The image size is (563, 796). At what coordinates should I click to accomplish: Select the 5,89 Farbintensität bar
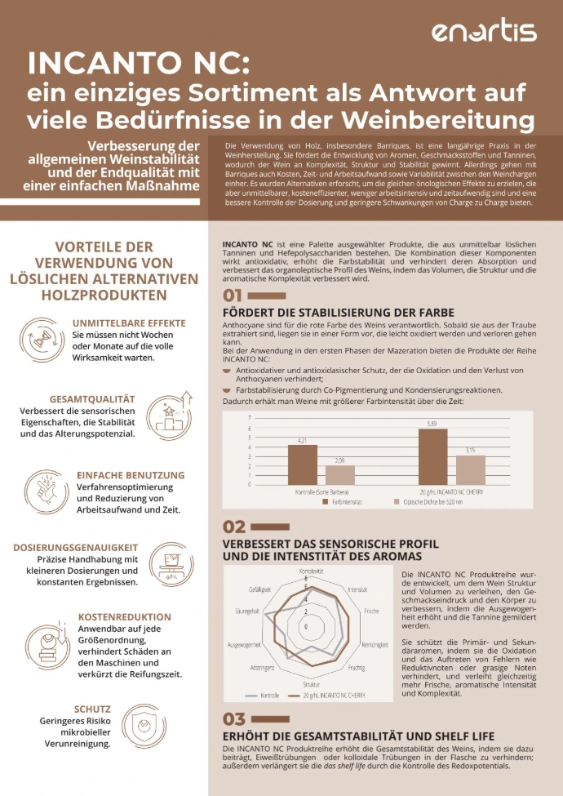(x=432, y=457)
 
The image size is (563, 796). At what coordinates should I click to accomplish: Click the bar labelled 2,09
(x=340, y=475)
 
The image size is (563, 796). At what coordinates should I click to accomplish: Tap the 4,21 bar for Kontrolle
(x=303, y=465)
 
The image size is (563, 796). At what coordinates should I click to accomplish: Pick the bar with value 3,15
(x=471, y=470)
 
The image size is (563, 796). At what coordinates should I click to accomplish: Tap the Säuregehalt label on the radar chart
(x=247, y=611)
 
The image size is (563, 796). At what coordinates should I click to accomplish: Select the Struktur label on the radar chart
(x=311, y=683)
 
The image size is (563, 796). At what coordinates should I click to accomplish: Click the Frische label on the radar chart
(x=371, y=611)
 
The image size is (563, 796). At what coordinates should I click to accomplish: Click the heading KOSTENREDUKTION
(x=125, y=617)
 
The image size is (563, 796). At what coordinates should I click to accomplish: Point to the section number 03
(x=233, y=719)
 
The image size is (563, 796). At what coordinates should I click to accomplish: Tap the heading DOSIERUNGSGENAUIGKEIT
(x=76, y=548)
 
